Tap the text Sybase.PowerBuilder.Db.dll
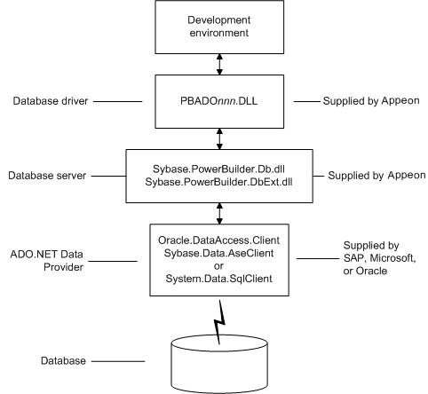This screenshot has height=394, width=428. click(x=218, y=169)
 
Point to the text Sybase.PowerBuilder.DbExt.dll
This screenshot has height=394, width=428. click(x=218, y=182)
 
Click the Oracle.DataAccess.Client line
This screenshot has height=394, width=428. click(x=218, y=240)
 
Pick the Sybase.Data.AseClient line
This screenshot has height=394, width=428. click(x=218, y=253)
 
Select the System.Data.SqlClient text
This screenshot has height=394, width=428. click(x=218, y=279)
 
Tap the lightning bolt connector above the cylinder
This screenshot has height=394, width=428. click(x=219, y=322)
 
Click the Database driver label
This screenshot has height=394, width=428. click(x=51, y=101)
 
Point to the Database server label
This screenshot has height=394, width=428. click(x=47, y=176)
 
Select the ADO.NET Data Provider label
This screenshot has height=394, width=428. click(x=47, y=261)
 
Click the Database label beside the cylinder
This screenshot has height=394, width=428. click(x=63, y=361)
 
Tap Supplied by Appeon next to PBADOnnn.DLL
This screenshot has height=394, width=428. click(x=371, y=101)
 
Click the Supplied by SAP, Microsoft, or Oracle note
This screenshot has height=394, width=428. click(x=379, y=258)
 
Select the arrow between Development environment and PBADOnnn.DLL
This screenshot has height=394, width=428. click(x=219, y=64)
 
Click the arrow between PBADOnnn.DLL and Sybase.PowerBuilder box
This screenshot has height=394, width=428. click(x=219, y=138)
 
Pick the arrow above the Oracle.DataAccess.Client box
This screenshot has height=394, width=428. click(x=219, y=213)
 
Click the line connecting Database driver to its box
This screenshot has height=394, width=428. click(x=118, y=101)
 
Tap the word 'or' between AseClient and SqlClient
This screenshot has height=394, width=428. click(x=218, y=266)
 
